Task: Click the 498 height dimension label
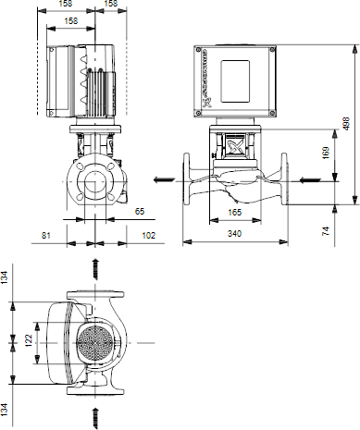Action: (346, 124)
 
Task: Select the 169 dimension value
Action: (326, 153)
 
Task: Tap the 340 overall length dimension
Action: (234, 234)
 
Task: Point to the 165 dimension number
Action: (234, 213)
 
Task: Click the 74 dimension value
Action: (326, 231)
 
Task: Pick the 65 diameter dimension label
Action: (140, 212)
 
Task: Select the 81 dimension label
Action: (45, 236)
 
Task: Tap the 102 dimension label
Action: (148, 236)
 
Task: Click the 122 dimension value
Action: (29, 340)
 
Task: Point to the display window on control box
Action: (235, 81)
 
